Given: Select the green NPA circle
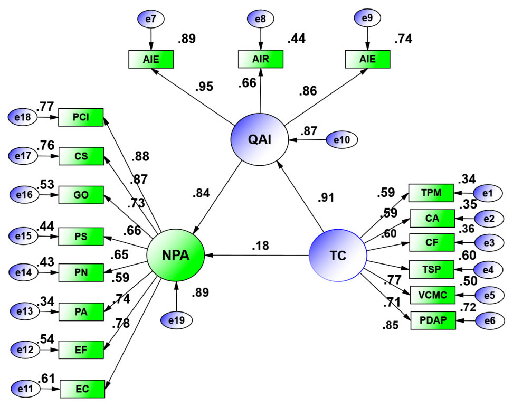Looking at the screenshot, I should [175, 256].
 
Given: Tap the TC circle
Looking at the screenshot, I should [337, 256].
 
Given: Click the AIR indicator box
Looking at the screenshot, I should [261, 59].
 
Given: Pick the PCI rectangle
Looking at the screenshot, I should [81, 117].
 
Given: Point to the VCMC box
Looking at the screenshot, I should [432, 295].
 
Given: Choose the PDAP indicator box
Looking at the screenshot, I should [432, 320].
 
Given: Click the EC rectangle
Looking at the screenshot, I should [82, 389].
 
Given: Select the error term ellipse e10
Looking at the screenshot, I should [342, 140].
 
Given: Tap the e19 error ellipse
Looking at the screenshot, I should [176, 319].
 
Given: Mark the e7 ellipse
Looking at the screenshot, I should [151, 20].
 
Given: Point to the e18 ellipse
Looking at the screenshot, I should [23, 117].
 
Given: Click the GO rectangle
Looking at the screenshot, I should [81, 195].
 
